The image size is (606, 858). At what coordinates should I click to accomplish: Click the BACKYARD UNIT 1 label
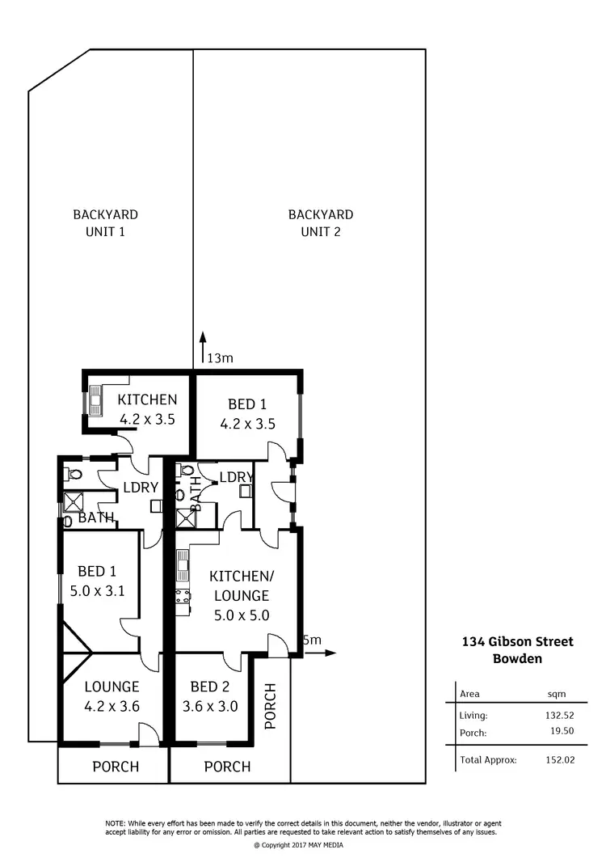click(x=105, y=222)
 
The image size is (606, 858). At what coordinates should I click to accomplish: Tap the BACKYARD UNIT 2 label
click(x=321, y=222)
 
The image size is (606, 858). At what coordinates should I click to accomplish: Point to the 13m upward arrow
click(x=203, y=343)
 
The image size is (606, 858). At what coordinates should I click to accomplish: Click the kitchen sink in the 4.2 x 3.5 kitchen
click(x=96, y=399)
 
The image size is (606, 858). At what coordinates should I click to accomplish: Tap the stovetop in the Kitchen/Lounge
click(x=183, y=598)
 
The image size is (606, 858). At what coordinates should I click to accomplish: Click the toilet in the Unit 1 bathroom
click(x=72, y=473)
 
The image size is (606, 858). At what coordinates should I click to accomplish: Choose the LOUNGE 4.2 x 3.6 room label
click(x=112, y=695)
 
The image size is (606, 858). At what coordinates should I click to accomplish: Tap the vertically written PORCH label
click(x=271, y=706)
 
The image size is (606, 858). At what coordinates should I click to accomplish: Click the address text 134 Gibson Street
click(x=516, y=642)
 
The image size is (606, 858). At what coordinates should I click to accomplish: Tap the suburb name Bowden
click(x=516, y=658)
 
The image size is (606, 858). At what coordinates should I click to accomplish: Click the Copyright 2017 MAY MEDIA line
click(x=302, y=844)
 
